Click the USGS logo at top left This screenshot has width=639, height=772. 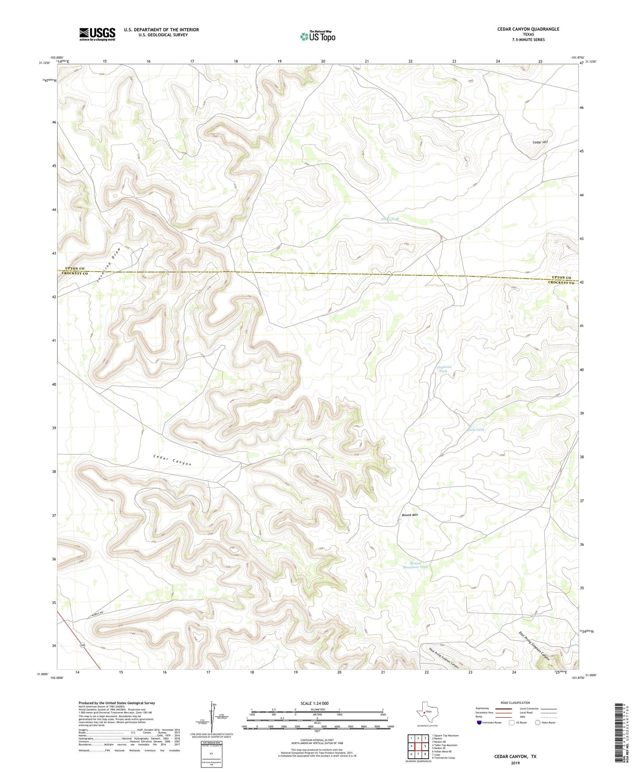[97, 34]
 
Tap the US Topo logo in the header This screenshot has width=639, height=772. [318, 36]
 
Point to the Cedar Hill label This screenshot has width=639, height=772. [540, 142]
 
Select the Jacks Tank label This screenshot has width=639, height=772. [390, 219]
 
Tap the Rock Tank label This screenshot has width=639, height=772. [476, 430]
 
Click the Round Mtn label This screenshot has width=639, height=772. [409, 515]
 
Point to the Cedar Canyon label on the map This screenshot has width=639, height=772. [172, 460]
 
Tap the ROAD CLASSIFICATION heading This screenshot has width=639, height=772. [515, 703]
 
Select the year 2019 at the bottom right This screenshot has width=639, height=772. [515, 763]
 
